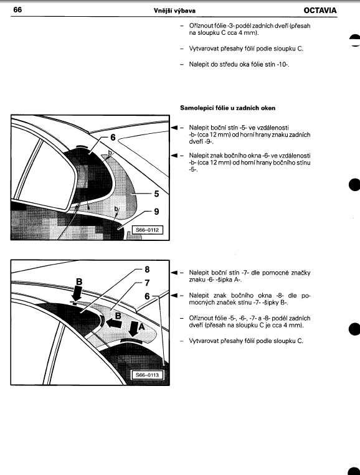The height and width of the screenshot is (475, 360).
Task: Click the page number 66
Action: [17, 10]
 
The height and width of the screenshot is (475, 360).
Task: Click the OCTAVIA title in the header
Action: [320, 11]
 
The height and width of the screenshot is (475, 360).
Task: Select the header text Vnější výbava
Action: [174, 11]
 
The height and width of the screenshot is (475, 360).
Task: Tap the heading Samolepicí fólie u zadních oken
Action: [227, 108]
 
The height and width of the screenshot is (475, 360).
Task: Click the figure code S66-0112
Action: [147, 230]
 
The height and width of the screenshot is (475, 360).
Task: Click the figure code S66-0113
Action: [147, 375]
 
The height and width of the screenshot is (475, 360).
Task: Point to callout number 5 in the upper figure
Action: [156, 194]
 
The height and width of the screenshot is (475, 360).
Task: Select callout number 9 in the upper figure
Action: [156, 212]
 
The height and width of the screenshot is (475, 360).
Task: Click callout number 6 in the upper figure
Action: [113, 138]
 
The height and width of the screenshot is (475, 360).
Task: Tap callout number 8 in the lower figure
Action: [147, 270]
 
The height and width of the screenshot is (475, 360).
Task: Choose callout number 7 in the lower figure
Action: [147, 283]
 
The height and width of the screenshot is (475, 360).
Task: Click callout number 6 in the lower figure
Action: [147, 296]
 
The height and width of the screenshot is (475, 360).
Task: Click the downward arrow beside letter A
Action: [133, 329]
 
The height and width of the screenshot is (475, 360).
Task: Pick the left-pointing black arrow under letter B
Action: [114, 323]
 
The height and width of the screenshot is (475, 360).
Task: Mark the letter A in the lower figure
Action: [141, 327]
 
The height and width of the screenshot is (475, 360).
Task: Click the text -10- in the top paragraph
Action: [282, 65]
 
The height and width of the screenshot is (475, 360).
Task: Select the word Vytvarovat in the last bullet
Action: [203, 341]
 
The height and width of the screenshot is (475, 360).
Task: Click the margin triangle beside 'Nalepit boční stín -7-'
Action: [174, 272]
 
